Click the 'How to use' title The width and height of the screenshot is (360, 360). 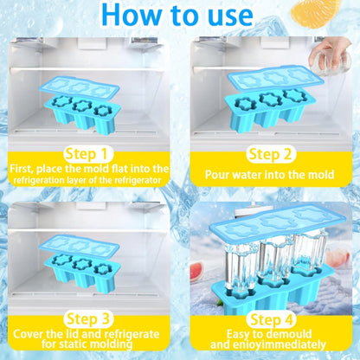pos(177,15)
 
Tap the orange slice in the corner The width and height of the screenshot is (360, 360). pos(315,12)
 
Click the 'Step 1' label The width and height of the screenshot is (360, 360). pos(86,154)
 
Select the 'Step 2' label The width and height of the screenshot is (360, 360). pos(270,154)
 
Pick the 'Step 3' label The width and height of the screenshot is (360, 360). pos(88,319)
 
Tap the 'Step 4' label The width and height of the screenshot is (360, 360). pos(272,319)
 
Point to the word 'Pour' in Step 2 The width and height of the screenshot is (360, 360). pos(217,175)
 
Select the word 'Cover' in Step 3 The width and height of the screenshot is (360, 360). pos(29,334)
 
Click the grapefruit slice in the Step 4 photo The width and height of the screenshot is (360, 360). pos(197,270)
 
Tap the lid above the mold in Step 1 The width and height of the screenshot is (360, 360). pos(79,87)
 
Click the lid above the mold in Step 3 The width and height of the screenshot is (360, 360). pos(79,246)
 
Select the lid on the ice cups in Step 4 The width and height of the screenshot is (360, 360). pos(277,224)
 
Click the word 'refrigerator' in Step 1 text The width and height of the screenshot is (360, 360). pos(138,181)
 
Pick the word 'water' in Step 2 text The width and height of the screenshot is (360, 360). pos(247,175)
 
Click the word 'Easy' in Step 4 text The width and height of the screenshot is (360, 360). pos(238,334)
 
